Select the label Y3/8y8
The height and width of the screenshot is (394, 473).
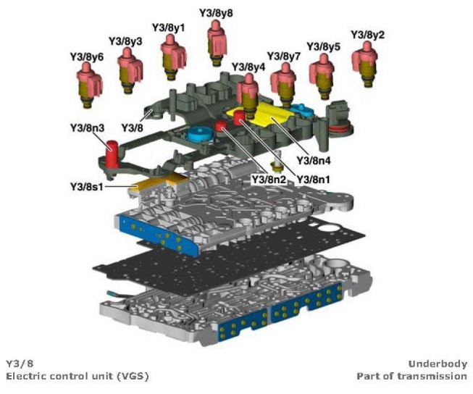(217, 13)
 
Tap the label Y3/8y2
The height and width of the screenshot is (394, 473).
(367, 35)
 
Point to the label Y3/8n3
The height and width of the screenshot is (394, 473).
(87, 128)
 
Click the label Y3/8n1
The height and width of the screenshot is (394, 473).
(314, 178)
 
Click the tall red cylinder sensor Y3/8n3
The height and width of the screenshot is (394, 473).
(112, 154)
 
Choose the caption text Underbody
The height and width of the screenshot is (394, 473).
(438, 364)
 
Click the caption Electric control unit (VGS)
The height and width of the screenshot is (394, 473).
(77, 377)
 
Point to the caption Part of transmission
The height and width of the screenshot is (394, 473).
(411, 377)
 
